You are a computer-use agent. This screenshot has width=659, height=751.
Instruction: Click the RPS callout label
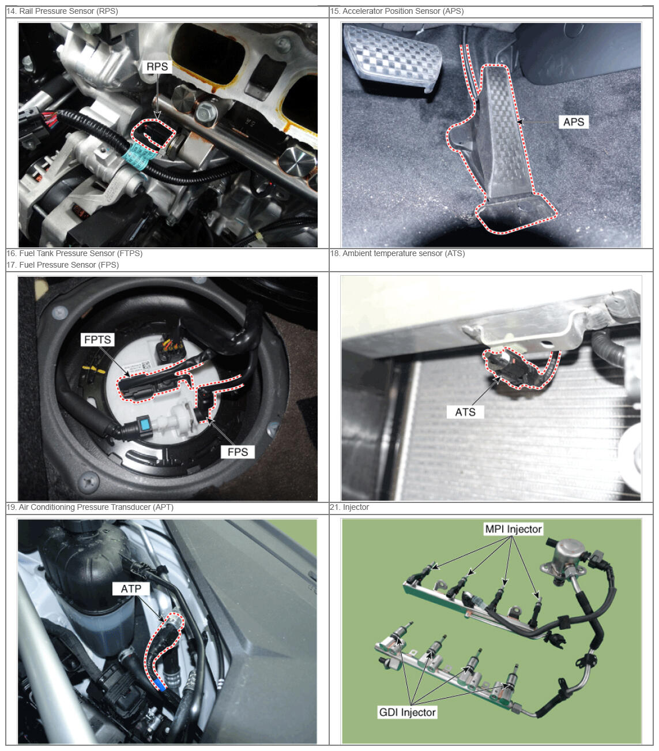157,67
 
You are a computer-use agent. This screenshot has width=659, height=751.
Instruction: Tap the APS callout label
573,122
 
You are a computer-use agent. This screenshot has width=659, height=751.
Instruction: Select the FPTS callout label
97,340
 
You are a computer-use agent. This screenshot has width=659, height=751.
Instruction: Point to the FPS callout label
238,452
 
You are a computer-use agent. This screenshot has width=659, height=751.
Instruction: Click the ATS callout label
465,412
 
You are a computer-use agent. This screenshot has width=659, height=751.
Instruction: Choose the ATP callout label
131,589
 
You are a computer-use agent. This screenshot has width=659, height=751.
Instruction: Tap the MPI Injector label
513,529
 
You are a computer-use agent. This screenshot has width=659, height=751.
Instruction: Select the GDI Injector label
407,712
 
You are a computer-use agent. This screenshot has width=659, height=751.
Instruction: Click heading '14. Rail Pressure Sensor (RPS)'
62,11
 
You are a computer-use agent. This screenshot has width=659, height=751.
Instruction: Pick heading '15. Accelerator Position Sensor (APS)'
397,11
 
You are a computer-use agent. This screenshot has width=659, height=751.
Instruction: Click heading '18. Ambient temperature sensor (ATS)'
397,253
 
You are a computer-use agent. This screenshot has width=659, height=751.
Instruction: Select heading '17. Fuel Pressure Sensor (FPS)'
63,265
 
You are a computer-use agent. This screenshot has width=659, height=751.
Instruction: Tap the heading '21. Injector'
349,506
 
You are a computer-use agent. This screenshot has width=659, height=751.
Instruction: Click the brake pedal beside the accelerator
393,58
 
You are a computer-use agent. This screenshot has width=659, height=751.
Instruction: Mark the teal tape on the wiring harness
137,155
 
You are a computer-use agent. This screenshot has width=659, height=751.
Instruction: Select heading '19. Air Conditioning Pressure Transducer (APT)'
90,506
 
